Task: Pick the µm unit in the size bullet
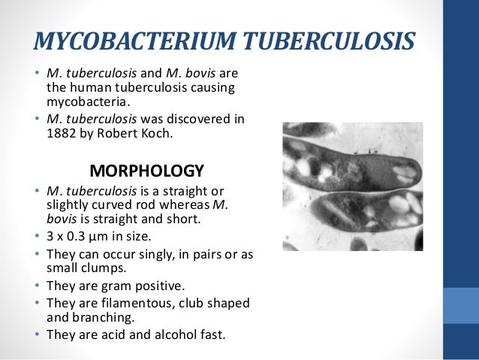coord(96,236)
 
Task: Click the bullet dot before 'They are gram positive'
coord(38,286)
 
